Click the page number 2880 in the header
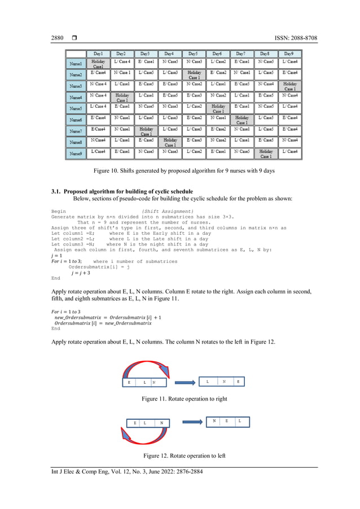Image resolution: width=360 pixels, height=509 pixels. (58, 38)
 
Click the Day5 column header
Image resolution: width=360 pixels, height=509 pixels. (194, 53)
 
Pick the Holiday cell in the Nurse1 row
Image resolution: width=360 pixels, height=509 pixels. (98, 64)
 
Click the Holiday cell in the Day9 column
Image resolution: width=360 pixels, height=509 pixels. (289, 86)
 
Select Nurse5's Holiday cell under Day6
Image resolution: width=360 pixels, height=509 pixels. (218, 108)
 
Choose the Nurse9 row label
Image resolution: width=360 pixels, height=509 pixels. (76, 153)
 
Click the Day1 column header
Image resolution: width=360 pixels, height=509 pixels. (98, 53)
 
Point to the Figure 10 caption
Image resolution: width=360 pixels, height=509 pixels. (184, 171)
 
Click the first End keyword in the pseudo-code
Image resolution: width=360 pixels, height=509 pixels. (55, 278)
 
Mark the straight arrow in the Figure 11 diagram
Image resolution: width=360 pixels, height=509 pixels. (185, 383)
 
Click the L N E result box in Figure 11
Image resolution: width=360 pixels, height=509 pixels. (223, 382)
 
